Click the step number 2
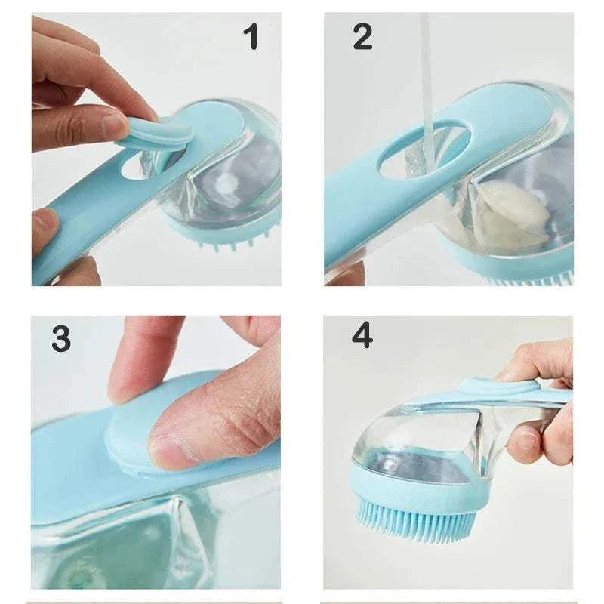362,37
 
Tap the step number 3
62,339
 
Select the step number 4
362,334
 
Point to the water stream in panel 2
427,83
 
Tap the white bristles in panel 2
528,279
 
